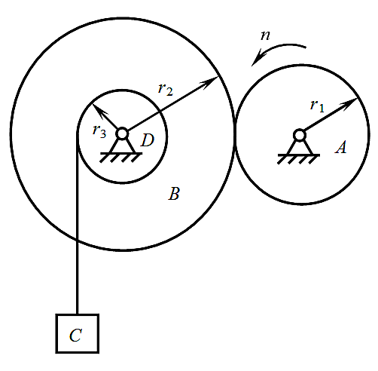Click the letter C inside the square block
tap(75, 335)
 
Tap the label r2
tap(166, 89)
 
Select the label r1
tap(317, 106)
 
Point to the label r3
tap(99, 131)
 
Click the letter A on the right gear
tap(341, 147)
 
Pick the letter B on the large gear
tap(174, 194)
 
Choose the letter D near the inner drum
tap(147, 140)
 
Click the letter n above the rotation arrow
tap(265, 35)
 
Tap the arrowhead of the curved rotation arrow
tap(257, 59)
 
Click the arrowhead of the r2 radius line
tap(210, 81)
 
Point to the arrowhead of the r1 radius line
tap(350, 103)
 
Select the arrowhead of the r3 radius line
tap(99, 111)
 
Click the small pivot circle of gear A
tap(300, 135)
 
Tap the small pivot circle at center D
tap(122, 133)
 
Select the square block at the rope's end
tap(78, 333)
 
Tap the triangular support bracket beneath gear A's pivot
tap(300, 149)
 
